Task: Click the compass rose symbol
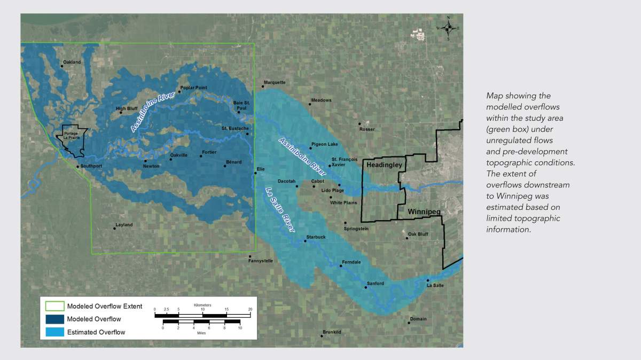pos(448,28)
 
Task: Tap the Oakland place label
pos(72,62)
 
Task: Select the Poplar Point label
pos(193,88)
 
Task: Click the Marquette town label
pos(275,82)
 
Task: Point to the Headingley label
pos(384,165)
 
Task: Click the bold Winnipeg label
pos(424,212)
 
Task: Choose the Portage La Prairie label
pos(72,136)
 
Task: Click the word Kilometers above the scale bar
pos(202,305)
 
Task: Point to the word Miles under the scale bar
pos(201,333)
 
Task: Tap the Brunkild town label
pos(332,332)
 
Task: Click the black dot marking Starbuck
pos(306,241)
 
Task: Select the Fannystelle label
pos(261,261)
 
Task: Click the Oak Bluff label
pos(418,234)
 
